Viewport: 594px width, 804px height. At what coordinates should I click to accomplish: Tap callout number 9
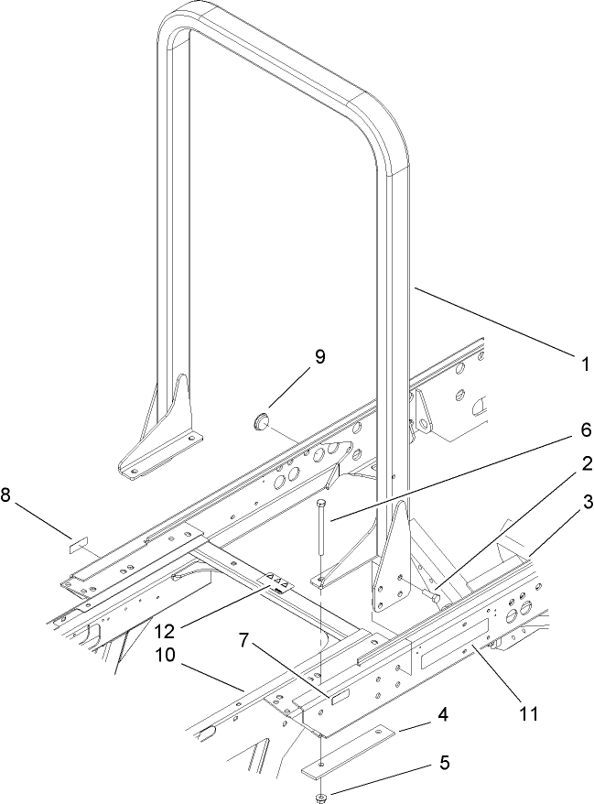tap(319, 356)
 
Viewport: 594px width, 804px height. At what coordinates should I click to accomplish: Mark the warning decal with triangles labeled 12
tap(279, 583)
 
